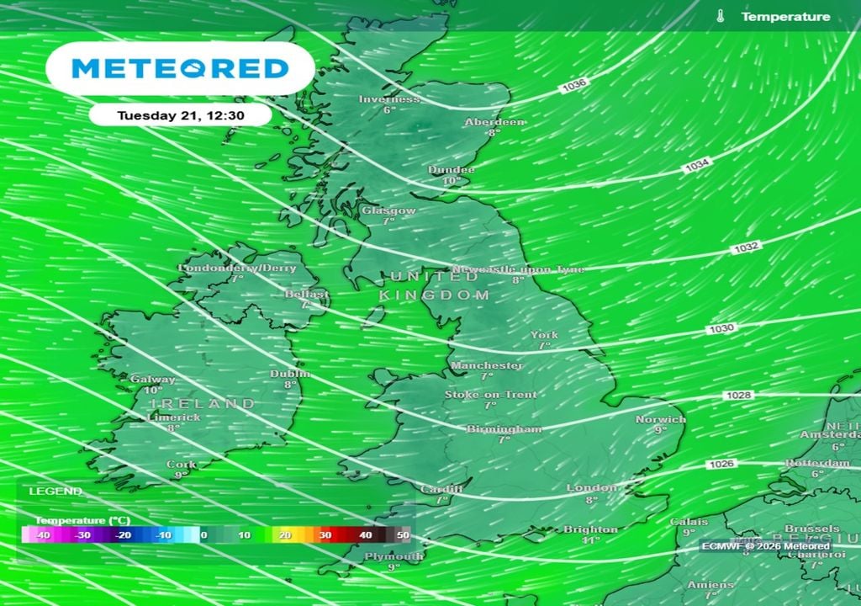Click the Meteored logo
coord(180,68)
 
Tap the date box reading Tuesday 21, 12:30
coord(180,114)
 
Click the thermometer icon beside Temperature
coord(720,17)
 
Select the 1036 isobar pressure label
coord(575,85)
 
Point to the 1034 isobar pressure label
coord(696,167)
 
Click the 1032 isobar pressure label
coord(723,247)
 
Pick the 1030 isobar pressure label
coord(721,328)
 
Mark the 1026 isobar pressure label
coord(721,464)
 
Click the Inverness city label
coord(388,99)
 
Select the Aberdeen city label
coord(494,122)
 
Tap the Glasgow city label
coord(388,210)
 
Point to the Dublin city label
coord(290,374)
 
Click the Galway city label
coord(153,380)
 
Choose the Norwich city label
coord(660,419)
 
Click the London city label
coord(591,488)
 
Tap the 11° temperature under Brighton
coord(590,540)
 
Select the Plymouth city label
coord(394,556)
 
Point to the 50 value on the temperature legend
coord(404,534)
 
